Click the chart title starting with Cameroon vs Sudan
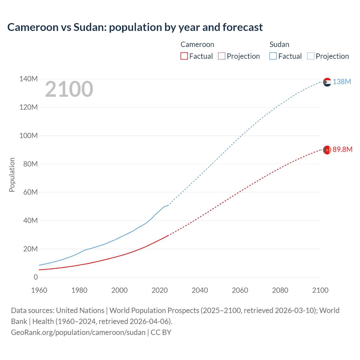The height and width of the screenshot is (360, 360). click(x=135, y=27)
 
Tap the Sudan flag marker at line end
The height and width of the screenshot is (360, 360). click(x=327, y=82)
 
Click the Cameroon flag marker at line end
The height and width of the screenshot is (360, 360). click(x=327, y=150)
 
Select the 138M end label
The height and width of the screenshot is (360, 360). click(x=342, y=82)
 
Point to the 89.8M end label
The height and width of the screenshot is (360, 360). click(x=342, y=149)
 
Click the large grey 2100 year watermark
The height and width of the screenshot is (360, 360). click(x=69, y=89)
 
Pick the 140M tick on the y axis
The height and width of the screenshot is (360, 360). click(x=28, y=79)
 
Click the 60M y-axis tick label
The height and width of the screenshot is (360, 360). click(x=30, y=192)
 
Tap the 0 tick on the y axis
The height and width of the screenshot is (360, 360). click(x=36, y=277)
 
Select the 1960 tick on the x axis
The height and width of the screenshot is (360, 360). click(x=39, y=290)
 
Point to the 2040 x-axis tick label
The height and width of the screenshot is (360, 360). click(x=200, y=290)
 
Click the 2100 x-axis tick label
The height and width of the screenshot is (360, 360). click(x=320, y=290)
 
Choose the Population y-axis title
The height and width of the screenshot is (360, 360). click(x=12, y=175)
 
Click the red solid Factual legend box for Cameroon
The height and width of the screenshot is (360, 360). click(x=184, y=56)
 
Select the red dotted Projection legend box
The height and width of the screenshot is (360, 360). click(x=222, y=56)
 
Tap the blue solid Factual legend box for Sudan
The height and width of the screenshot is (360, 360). click(x=273, y=56)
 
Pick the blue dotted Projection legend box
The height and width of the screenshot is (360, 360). click(x=310, y=56)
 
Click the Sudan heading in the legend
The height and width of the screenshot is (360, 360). click(x=279, y=44)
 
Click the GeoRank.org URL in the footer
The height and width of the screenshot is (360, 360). click(x=78, y=332)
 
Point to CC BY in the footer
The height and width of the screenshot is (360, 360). click(x=161, y=332)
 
